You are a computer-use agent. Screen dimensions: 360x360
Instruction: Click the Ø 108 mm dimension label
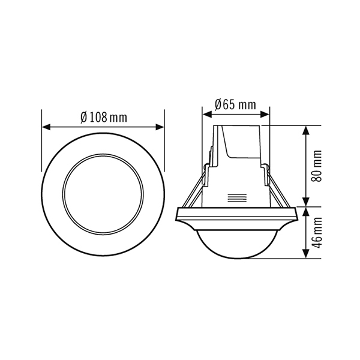(103, 117)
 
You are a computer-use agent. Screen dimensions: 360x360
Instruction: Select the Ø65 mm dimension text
(235, 104)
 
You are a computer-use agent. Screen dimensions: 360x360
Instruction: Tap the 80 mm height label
(317, 166)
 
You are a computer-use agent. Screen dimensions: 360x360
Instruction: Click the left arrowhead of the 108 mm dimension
(45, 127)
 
